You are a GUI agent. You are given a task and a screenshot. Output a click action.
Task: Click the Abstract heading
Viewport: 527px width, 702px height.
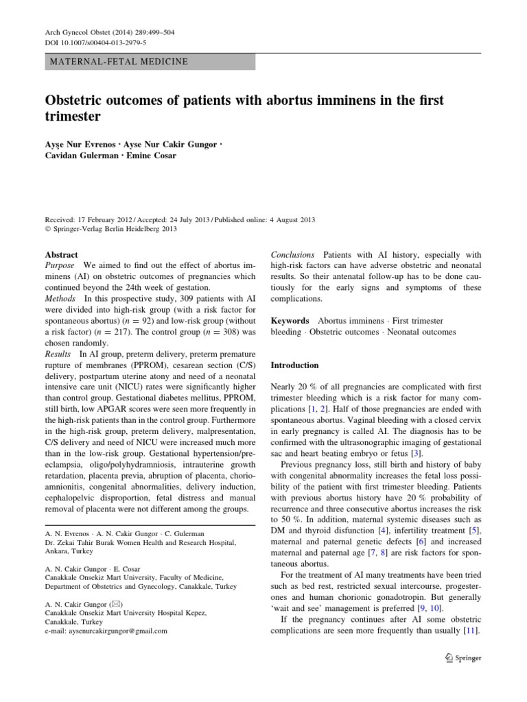(61, 254)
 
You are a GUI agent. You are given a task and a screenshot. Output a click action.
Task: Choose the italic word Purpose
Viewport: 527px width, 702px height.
(60, 265)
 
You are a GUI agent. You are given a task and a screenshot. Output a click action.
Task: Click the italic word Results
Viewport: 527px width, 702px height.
(58, 354)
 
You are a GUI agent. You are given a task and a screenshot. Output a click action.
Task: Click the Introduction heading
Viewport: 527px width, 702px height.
(295, 365)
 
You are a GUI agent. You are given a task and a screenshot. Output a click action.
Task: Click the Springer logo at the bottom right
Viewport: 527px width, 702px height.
(463, 658)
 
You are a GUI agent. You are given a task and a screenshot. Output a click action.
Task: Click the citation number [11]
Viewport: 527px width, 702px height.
(471, 631)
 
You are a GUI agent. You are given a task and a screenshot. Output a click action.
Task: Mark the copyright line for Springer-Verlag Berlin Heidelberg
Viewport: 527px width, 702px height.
(111, 229)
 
